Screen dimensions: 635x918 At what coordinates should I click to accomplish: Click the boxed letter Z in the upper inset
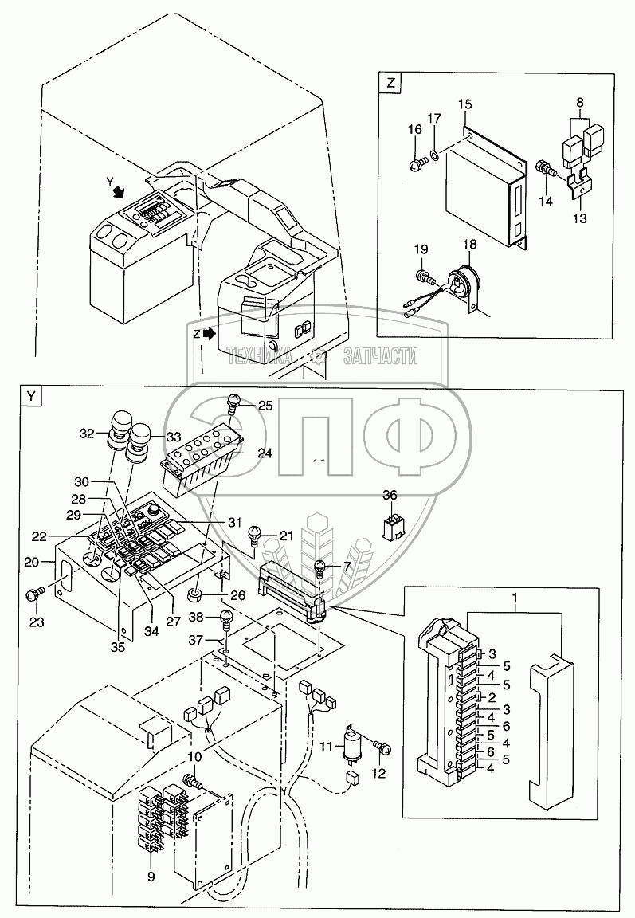point(390,83)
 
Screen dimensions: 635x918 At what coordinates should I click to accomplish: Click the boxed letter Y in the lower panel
point(31,396)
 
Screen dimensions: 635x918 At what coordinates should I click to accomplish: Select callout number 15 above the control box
point(464,104)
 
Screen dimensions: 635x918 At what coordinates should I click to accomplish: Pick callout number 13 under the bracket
point(580,218)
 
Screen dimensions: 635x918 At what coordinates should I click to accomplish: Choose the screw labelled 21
point(255,534)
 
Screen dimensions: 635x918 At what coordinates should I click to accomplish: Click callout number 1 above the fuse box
point(515,599)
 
